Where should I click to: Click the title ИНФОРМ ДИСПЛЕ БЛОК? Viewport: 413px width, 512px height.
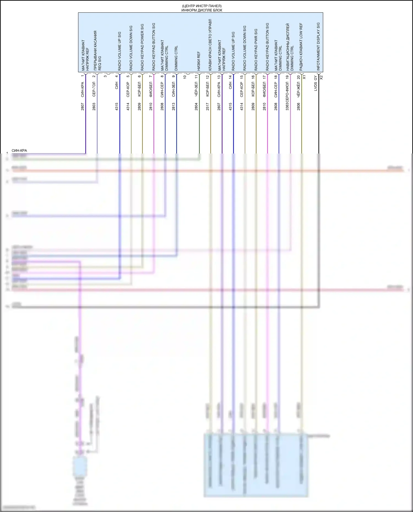coord(202,10)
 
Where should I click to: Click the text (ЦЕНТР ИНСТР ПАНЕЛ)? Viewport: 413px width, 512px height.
coord(202,6)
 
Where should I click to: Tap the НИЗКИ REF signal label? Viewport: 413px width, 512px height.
coord(199,61)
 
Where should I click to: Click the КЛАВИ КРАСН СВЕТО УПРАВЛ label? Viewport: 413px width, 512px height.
coord(210,45)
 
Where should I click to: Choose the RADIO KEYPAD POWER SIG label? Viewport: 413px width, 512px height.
coord(142,47)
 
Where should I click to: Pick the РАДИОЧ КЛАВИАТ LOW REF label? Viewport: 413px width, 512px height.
coord(301,46)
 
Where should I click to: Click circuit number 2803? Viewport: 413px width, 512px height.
coord(94,107)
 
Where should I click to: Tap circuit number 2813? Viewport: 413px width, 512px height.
coord(173,107)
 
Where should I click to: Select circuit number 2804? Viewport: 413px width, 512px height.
coord(196,107)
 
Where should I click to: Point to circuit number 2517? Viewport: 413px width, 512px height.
coord(208,107)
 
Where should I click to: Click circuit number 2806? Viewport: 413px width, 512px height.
coord(298,107)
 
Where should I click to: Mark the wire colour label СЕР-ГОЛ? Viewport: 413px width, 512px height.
coord(94,89)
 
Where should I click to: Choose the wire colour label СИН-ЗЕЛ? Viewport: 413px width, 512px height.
coord(173,89)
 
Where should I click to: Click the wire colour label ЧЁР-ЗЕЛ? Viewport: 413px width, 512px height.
coord(196,89)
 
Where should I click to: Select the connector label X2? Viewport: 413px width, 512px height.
coord(321,77)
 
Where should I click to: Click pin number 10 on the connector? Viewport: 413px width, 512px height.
coord(185,77)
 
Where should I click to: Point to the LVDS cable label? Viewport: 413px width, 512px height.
coord(316,87)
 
